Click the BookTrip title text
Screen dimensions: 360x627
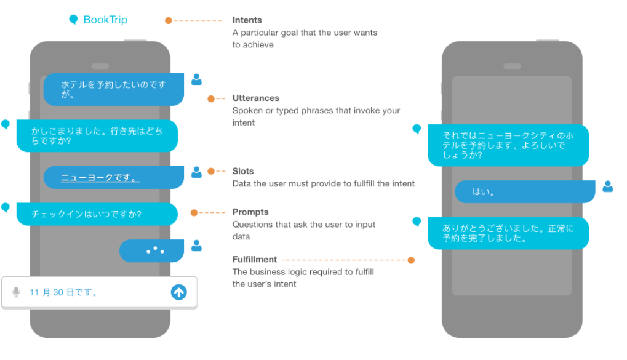(x=105, y=20)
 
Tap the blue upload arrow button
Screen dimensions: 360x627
(x=178, y=292)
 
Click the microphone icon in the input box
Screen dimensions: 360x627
(x=16, y=292)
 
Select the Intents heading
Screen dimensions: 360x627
(x=247, y=20)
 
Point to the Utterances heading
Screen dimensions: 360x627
(x=255, y=98)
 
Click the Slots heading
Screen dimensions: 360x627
(x=243, y=171)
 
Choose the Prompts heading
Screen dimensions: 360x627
(x=250, y=212)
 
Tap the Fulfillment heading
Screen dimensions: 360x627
(x=255, y=260)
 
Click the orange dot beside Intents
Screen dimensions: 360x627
(x=169, y=20)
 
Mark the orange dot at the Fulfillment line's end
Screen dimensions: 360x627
(x=411, y=260)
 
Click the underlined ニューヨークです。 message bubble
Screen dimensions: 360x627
(x=113, y=178)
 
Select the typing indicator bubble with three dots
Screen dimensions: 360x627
(x=151, y=250)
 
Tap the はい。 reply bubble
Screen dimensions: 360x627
(x=524, y=191)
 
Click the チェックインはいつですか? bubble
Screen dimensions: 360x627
(x=97, y=214)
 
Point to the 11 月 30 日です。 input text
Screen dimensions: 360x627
(x=64, y=292)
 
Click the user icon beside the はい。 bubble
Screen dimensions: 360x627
(x=607, y=186)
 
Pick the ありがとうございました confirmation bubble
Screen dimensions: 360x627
(x=508, y=233)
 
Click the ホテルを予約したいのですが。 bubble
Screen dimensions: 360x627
(x=113, y=89)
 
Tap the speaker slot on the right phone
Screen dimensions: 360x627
(x=512, y=66)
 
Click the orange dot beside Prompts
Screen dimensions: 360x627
(x=194, y=213)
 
